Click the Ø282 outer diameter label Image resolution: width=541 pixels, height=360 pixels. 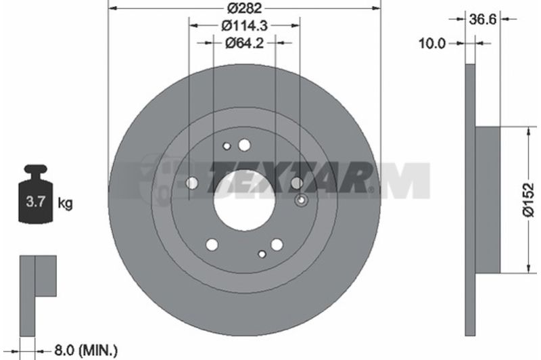pyautogui.click(x=245, y=7)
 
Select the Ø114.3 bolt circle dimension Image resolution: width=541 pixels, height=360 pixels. pyautogui.click(x=245, y=25)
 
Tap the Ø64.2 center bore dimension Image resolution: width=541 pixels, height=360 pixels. pyautogui.click(x=244, y=43)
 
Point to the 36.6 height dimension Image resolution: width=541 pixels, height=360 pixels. pyautogui.click(x=482, y=20)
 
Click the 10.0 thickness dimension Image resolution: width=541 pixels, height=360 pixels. pyautogui.click(x=432, y=43)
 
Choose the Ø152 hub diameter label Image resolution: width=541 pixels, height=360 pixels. pyautogui.click(x=528, y=200)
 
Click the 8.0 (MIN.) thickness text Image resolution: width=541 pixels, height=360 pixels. pyautogui.click(x=86, y=351)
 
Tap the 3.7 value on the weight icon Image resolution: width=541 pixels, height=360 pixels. pyautogui.click(x=36, y=201)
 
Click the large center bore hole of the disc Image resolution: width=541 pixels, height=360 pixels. pyautogui.click(x=244, y=200)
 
